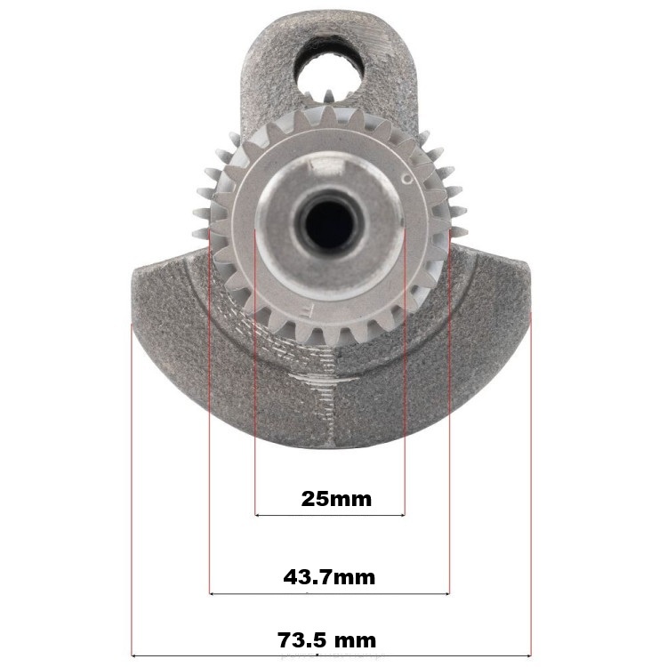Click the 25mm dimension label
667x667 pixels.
coord(336,499)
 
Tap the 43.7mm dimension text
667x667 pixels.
coord(329,577)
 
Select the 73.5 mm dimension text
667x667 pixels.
coord(326,639)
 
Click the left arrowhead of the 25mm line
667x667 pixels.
coord(256,515)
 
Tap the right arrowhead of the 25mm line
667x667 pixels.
coord(402,515)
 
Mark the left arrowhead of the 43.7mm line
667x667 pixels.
coord(212,593)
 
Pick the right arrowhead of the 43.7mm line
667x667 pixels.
coord(446,593)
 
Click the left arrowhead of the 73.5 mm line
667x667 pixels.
coord(133,656)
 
